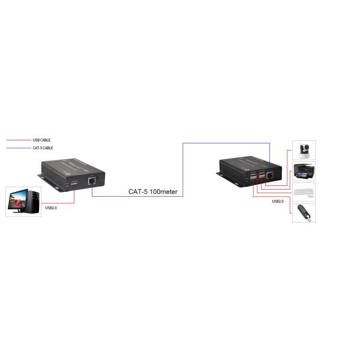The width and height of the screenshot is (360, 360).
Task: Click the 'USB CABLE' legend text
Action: [41, 140]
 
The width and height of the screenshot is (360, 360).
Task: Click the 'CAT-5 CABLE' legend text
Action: [43, 148]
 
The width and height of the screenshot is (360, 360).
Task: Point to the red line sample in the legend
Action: [18, 140]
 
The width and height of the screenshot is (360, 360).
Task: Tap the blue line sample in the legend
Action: [18, 148]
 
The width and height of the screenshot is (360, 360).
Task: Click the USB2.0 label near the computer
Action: [51, 208]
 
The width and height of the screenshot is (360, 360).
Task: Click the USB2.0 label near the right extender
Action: [278, 202]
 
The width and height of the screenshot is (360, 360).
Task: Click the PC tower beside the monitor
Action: [33, 200]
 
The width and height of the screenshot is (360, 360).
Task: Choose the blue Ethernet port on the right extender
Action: [269, 175]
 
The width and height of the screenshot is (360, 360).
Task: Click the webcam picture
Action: [304, 149]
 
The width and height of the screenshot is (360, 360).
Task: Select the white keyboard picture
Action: [304, 193]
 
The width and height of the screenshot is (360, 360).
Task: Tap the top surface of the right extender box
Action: [247, 164]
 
